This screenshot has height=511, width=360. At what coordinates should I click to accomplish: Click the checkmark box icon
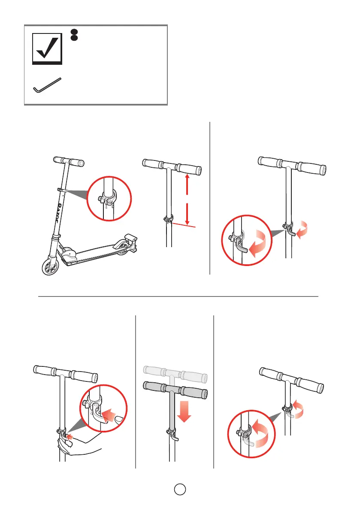point(48,50)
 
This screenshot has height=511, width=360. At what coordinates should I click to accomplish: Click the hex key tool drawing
point(47,85)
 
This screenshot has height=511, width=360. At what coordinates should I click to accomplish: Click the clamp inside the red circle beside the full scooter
point(107,199)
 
